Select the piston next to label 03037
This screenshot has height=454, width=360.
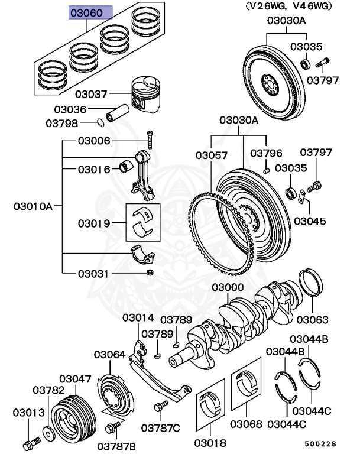coord(144,95)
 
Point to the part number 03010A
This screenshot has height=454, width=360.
coord(33,206)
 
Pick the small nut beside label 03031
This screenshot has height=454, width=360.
coord(150,273)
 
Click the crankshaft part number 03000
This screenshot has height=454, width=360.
coord(228,287)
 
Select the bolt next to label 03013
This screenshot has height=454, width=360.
coord(30,442)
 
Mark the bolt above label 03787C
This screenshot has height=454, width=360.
coord(159,407)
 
